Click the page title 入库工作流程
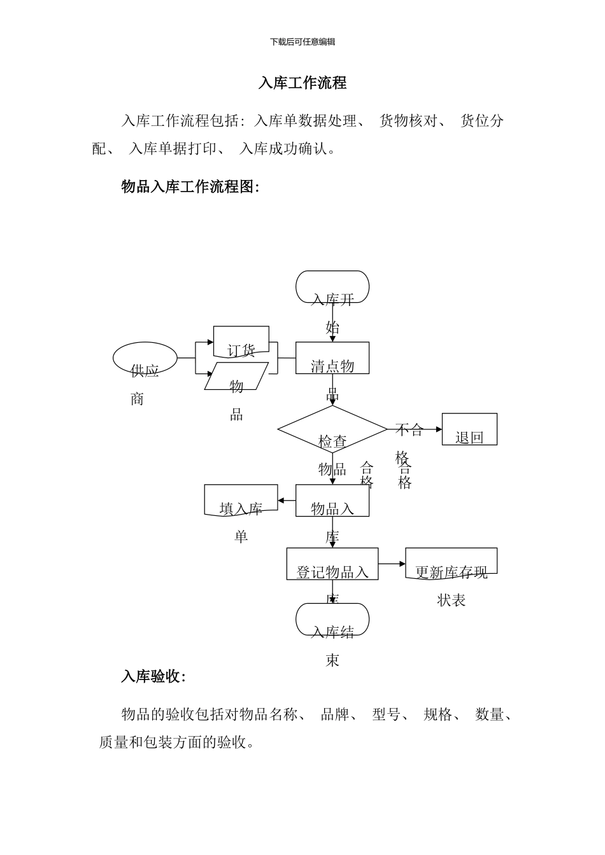(x=302, y=83)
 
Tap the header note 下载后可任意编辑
(x=302, y=42)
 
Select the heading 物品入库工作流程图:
(x=190, y=186)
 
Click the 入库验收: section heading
(x=153, y=677)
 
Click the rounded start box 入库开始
(x=332, y=287)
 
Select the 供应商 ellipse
(x=145, y=358)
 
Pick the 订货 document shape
(x=241, y=342)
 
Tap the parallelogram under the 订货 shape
(x=236, y=376)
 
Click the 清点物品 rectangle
(x=332, y=358)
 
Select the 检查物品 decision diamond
(x=332, y=429)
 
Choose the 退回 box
(x=469, y=429)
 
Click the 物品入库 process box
(x=332, y=501)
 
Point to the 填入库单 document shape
(x=241, y=500)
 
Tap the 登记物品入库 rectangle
(x=332, y=564)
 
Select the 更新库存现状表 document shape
(x=451, y=563)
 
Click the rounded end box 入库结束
(x=332, y=619)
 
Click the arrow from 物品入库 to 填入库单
(x=287, y=501)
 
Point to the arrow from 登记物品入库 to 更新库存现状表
(x=392, y=564)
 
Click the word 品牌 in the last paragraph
(x=335, y=714)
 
